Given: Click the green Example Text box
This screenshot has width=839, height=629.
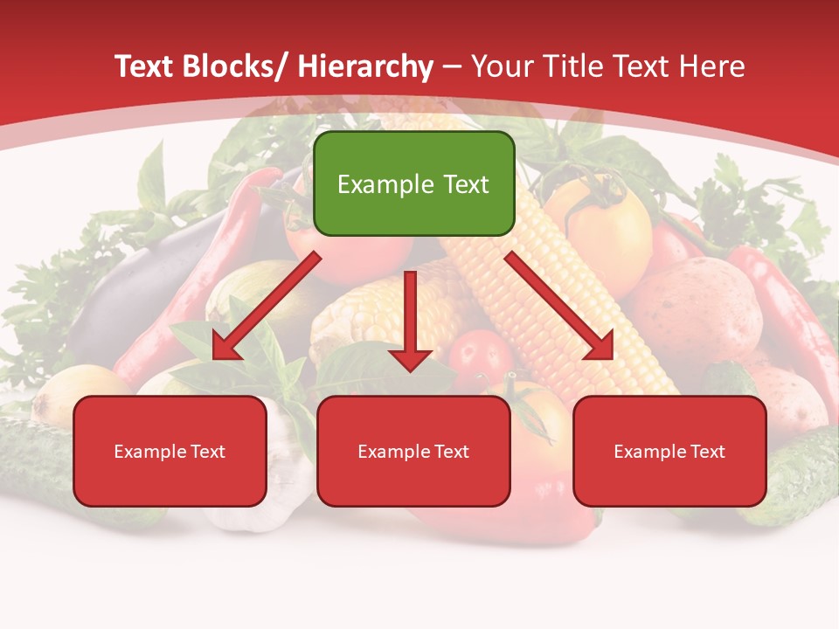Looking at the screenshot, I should pos(413,183).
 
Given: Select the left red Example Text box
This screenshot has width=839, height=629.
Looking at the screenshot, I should pos(170,451).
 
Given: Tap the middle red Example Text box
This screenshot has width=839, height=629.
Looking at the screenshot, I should pos(413,451).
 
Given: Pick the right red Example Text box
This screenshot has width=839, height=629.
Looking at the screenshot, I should pos(669,451).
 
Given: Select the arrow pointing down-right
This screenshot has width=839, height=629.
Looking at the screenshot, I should pos(559,305).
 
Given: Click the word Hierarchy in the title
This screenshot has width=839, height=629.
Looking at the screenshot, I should pos(365,66).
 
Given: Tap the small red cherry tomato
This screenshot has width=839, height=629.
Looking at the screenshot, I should pos(479,355).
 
